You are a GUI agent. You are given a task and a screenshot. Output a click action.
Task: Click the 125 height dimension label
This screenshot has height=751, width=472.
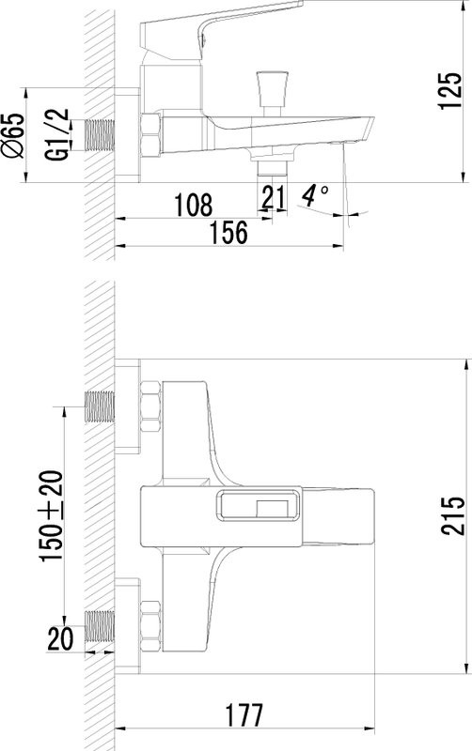tap(450, 91)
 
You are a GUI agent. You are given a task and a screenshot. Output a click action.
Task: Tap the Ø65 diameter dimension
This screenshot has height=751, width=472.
tap(13, 135)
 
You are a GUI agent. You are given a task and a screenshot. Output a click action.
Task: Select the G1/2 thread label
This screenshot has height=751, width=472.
tap(56, 134)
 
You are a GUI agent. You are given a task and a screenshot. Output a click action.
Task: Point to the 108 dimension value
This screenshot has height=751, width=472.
tap(193, 205)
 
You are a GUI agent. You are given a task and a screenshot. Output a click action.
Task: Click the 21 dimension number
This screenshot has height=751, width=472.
tap(274, 197)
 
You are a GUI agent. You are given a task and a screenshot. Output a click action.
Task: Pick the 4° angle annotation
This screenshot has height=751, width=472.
tap(315, 195)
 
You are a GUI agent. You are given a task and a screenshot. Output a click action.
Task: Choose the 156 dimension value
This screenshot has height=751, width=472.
tap(229, 232)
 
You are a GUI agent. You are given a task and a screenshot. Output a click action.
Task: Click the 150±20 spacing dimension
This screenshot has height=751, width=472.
tap(52, 515)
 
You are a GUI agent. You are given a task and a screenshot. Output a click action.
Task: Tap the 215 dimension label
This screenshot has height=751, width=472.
tap(453, 515)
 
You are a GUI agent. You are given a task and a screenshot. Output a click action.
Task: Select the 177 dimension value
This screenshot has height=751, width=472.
tap(244, 715)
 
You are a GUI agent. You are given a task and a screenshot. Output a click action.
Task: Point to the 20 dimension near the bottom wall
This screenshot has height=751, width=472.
tap(60, 638)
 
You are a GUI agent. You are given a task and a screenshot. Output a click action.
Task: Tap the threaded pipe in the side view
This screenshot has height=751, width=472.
tap(100, 134)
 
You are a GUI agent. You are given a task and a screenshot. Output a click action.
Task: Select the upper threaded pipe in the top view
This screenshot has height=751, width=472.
tap(100, 406)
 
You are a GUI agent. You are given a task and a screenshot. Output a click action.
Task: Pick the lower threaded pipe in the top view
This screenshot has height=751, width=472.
tap(100, 625)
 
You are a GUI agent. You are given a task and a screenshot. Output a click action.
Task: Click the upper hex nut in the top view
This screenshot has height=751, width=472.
tap(150, 406)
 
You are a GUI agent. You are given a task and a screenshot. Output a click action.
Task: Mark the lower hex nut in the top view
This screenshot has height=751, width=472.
tap(150, 625)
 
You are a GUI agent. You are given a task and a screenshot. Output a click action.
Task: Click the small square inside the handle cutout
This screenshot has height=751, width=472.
tap(272, 508)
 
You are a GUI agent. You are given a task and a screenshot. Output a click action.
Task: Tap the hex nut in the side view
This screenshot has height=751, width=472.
tap(150, 134)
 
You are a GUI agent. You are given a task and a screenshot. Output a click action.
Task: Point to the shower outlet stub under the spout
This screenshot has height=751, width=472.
tap(272, 168)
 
